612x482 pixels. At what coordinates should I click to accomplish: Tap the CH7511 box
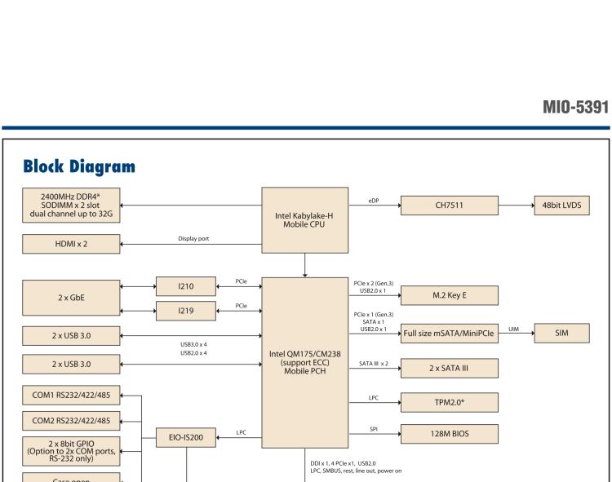coord(450,207)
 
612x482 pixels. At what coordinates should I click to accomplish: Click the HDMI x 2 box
coord(72,242)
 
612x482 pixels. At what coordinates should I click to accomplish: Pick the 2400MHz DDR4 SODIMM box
coord(72,207)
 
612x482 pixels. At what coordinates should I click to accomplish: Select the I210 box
coord(187,286)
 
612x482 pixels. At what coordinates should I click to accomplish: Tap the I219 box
coord(187,310)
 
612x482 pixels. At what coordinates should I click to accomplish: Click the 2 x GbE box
coord(72,298)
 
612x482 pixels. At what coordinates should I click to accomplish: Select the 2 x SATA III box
coord(450,368)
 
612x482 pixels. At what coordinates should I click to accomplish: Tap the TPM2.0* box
coord(450,402)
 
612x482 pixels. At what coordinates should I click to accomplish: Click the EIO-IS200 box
coord(187,438)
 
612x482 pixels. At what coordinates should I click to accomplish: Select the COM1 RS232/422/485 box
coord(72,396)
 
